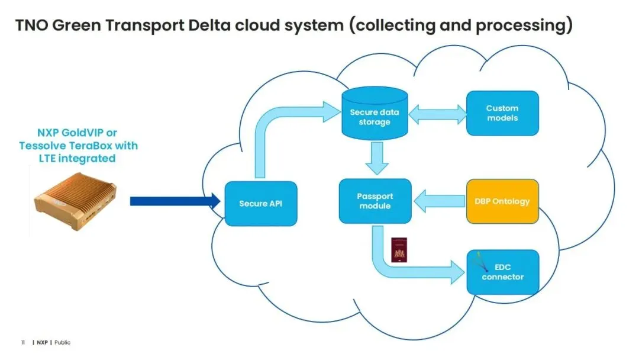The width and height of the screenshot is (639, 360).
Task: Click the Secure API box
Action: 261,203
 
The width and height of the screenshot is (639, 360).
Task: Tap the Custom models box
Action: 502,112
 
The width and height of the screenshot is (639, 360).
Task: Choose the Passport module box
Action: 375,201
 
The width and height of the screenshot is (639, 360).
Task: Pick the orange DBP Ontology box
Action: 502,201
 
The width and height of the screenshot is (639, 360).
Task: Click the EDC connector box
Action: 502,272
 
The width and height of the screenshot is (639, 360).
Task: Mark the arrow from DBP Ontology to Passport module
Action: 438,201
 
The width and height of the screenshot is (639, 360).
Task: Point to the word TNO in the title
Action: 31,26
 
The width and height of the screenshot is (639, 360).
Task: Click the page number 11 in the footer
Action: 23,342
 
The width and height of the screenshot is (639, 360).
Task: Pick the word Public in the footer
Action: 62,342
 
